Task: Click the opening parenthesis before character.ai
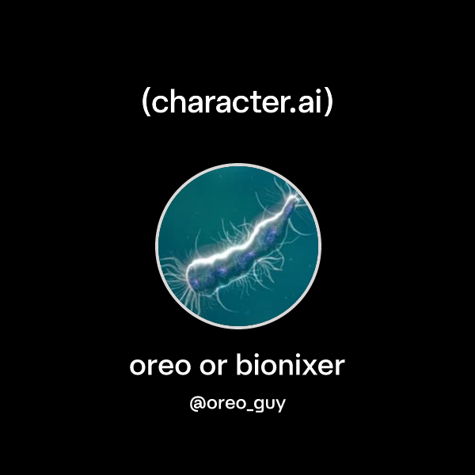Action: click(x=146, y=103)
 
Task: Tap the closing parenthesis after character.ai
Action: click(x=329, y=103)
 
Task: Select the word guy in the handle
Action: click(x=269, y=405)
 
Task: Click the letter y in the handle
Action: click(x=280, y=405)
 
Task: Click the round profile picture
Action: click(x=238, y=245)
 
